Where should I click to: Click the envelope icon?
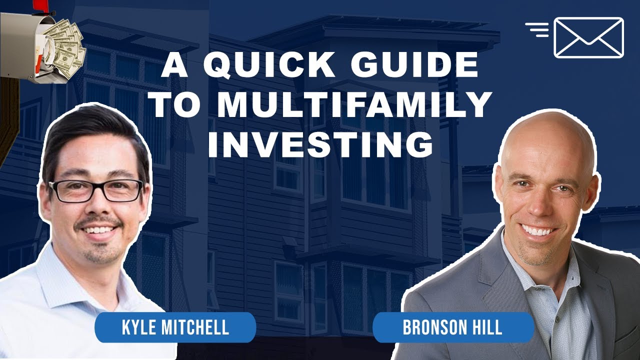point(588,37)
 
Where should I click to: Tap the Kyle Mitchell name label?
point(175,327)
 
